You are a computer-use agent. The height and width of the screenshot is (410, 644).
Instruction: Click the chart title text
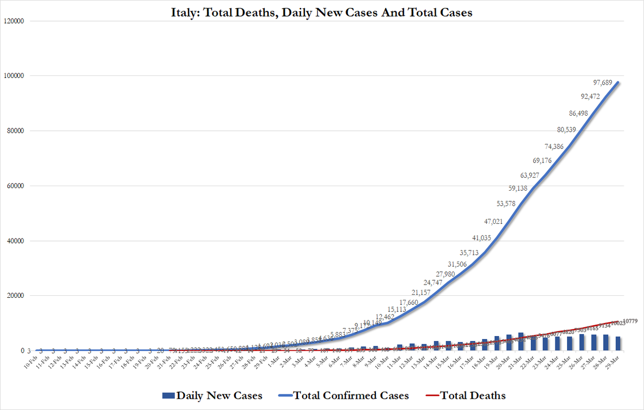pyautogui.click(x=322, y=13)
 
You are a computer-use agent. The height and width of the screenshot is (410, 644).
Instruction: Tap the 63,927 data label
pyautogui.click(x=533, y=176)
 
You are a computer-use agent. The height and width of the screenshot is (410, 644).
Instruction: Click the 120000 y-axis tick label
pyautogui.click(x=18, y=21)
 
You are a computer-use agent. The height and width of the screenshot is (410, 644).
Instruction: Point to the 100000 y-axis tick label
pyautogui.click(x=18, y=76)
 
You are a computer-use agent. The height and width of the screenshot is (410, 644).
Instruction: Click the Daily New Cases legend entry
pyautogui.click(x=212, y=396)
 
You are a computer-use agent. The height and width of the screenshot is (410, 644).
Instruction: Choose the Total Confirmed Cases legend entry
pyautogui.click(x=343, y=396)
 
